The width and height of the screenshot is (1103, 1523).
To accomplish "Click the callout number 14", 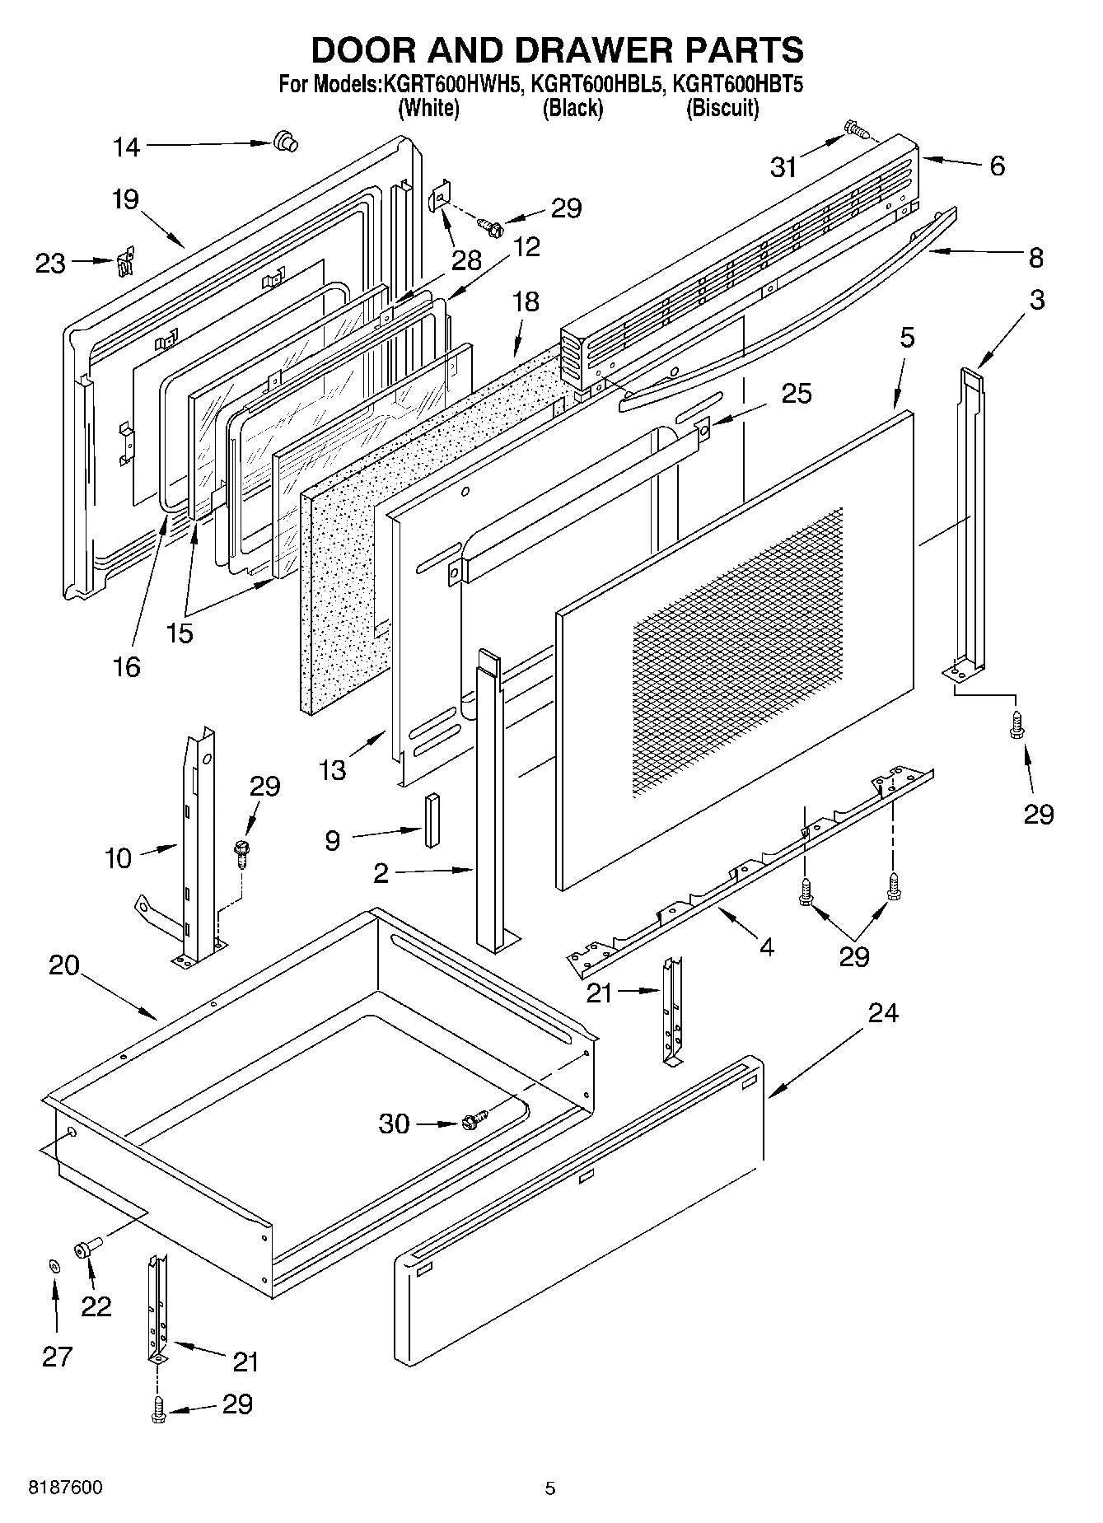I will tap(126, 147).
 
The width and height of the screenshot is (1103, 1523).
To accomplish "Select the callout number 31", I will tap(783, 167).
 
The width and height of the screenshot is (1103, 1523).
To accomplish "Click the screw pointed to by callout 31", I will tap(856, 129).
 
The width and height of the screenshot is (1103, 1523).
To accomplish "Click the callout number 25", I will tap(796, 393).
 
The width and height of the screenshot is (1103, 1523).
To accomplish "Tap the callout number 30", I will tap(394, 1124).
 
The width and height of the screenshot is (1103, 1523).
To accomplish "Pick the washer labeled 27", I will tap(54, 1266).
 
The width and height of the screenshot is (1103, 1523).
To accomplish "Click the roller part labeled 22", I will tap(86, 1250).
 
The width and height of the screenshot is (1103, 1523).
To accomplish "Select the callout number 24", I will tap(882, 1012).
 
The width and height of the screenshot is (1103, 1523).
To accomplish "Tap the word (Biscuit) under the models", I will tap(722, 108).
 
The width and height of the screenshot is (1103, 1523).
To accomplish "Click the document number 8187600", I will tap(66, 1488).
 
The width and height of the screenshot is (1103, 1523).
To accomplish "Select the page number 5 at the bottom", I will tap(550, 1488).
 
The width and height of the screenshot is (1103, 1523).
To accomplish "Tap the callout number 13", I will tap(333, 770).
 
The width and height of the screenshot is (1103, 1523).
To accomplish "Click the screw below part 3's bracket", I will tap(1017, 725).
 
